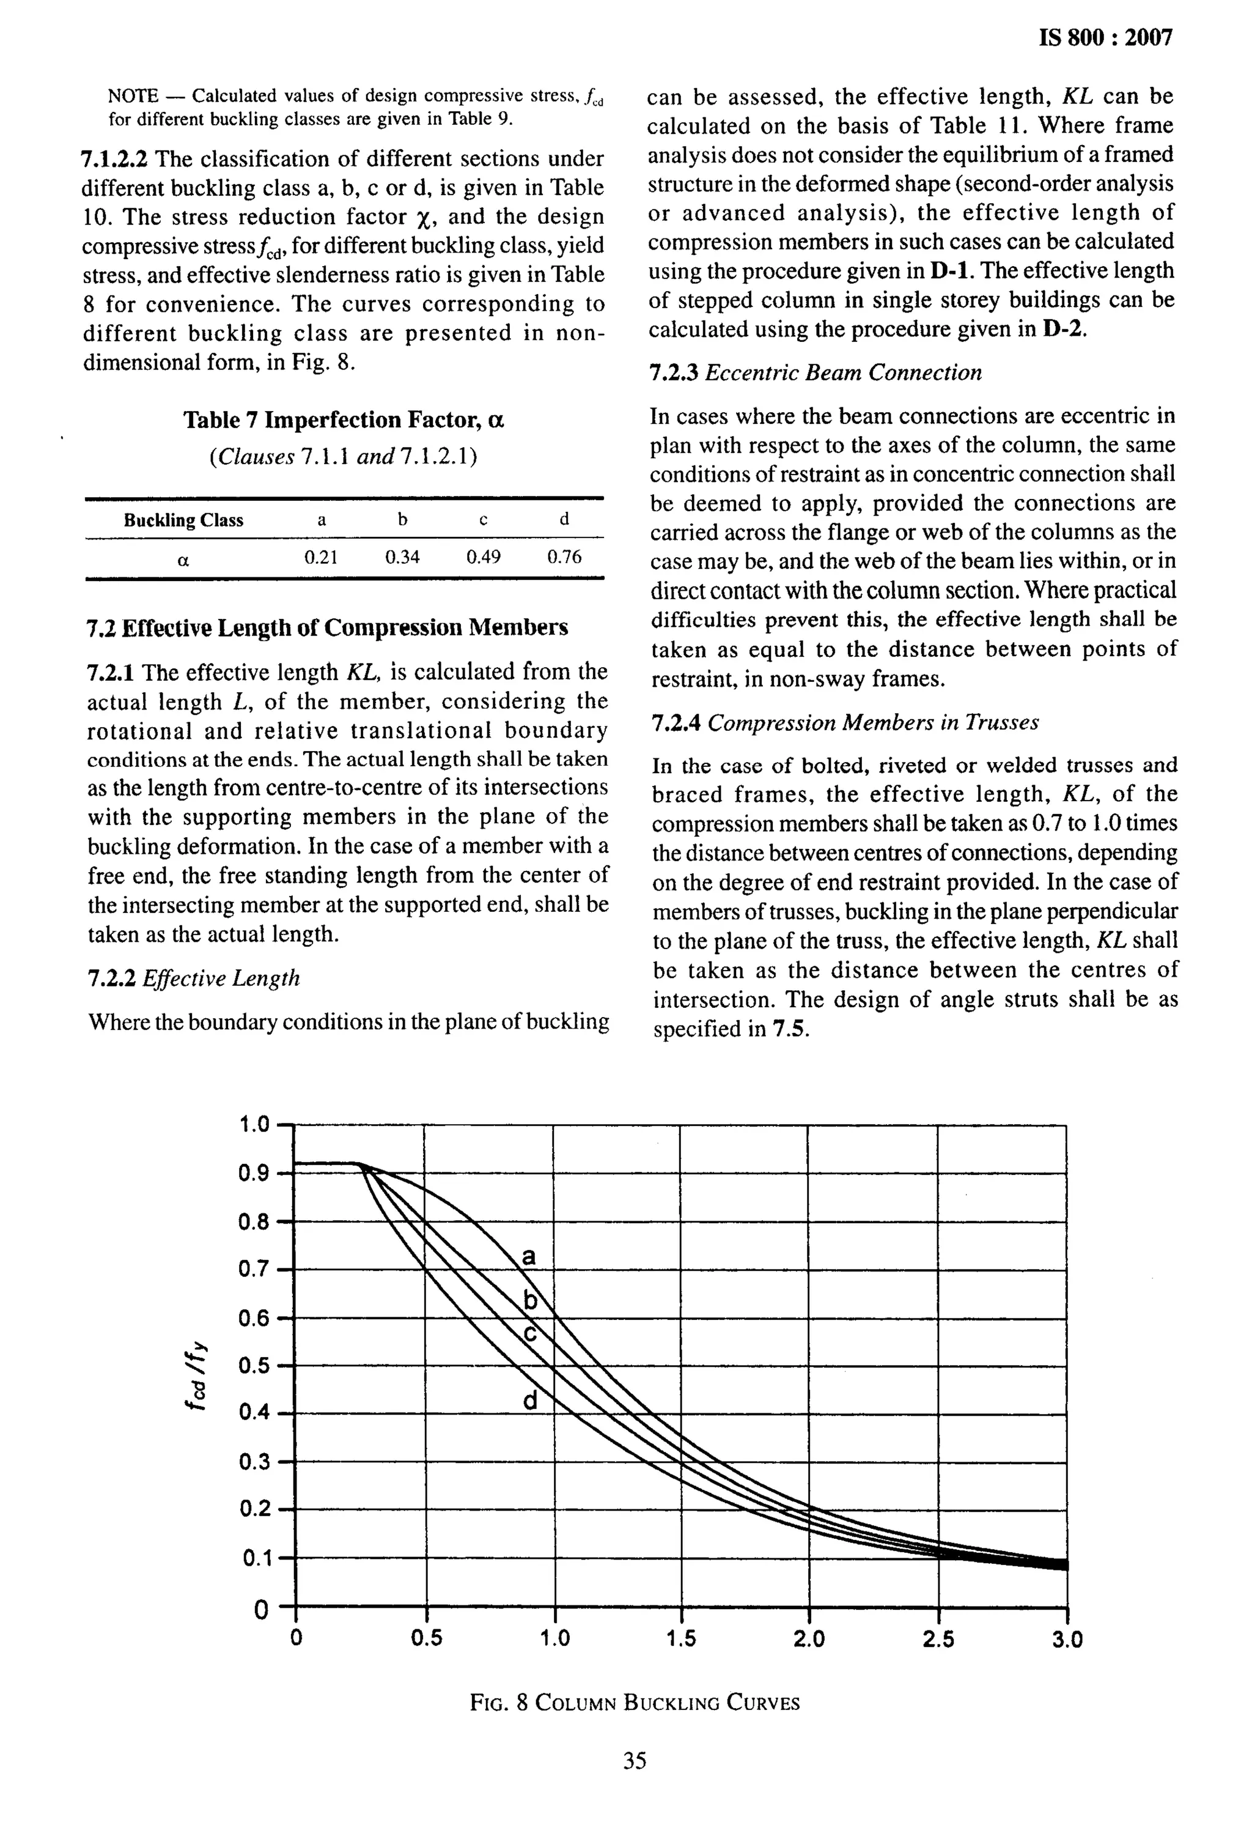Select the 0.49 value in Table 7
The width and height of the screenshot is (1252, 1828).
point(483,558)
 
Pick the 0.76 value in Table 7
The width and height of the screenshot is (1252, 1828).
point(564,558)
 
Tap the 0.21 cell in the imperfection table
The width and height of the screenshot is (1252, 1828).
point(321,558)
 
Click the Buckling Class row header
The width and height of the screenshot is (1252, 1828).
point(183,520)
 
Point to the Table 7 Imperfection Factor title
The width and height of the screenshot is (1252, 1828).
point(344,420)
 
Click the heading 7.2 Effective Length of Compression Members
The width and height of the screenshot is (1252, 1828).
point(326,627)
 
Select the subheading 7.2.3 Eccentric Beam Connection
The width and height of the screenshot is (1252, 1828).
point(816,373)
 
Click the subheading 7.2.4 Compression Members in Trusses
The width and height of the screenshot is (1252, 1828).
point(845,723)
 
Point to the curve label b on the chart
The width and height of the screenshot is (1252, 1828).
point(531,1302)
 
